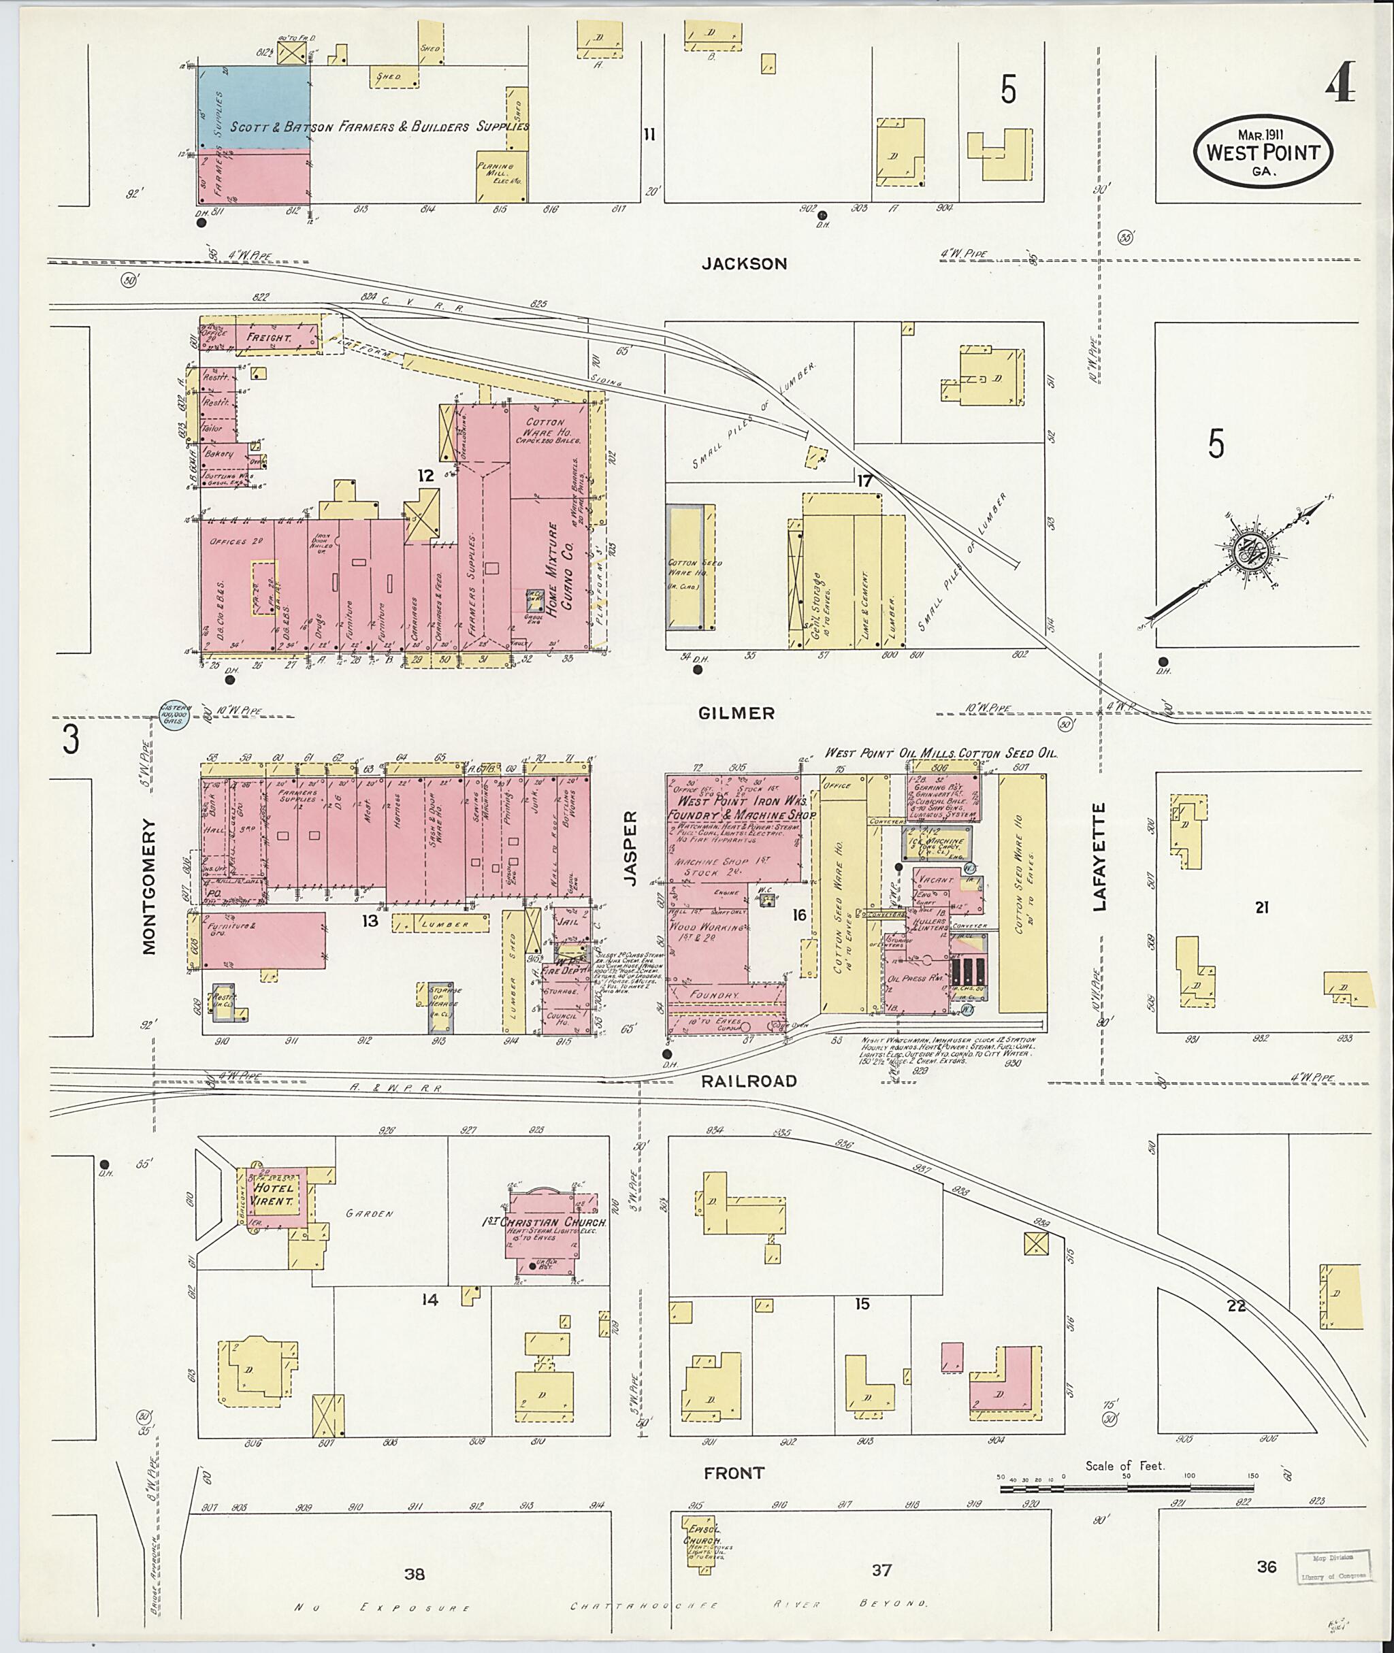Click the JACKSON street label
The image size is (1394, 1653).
pyautogui.click(x=745, y=264)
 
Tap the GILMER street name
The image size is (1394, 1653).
pyautogui.click(x=736, y=713)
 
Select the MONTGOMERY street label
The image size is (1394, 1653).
pyautogui.click(x=149, y=886)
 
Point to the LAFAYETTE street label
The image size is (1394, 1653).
pyautogui.click(x=1099, y=857)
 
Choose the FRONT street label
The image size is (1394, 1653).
pyautogui.click(x=735, y=1473)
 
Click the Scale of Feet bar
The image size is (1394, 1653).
pyautogui.click(x=1125, y=1490)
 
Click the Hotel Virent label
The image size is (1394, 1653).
pyautogui.click(x=273, y=1194)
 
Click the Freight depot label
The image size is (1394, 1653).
pyautogui.click(x=270, y=338)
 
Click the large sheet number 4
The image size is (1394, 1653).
pyautogui.click(x=1340, y=84)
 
